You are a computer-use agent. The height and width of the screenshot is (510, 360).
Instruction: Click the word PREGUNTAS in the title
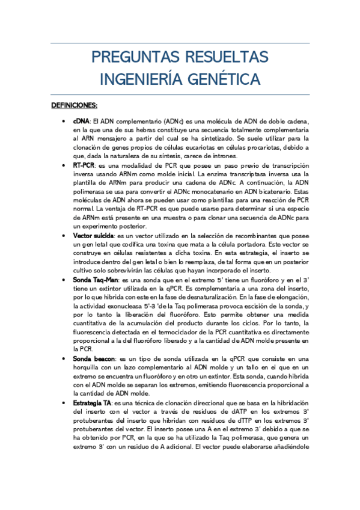pyautogui.click(x=127, y=58)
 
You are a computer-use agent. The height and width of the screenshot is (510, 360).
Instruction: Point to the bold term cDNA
pyautogui.click(x=81, y=121)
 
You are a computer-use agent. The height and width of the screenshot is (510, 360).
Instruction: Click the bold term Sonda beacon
pyautogui.click(x=92, y=358)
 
